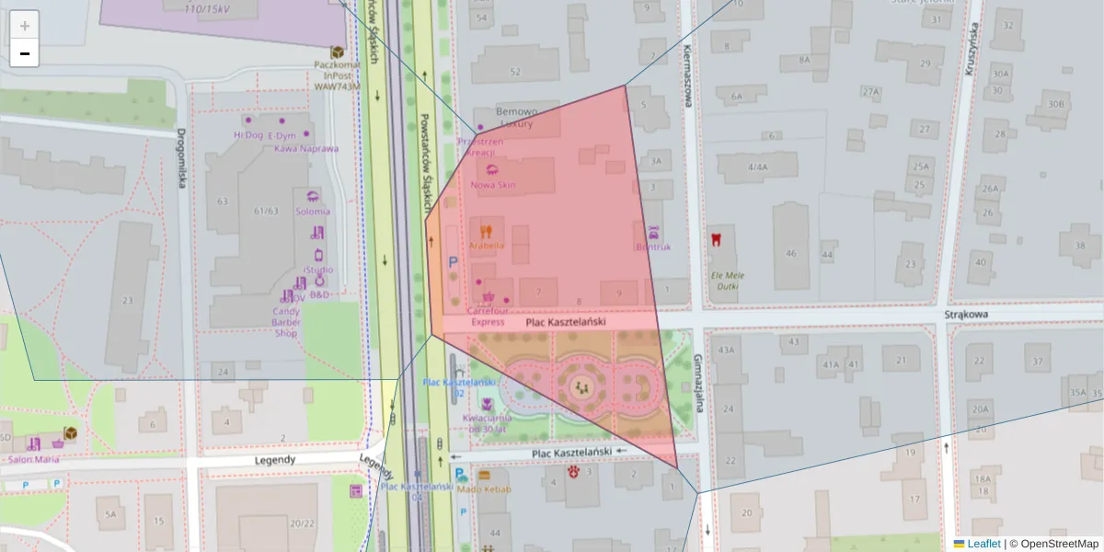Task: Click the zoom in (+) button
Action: tap(25, 26)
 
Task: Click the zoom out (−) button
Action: tap(25, 53)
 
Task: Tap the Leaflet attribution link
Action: tap(983, 544)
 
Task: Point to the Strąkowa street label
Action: tap(965, 315)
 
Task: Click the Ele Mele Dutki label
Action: tap(727, 281)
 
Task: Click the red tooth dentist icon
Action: tap(715, 240)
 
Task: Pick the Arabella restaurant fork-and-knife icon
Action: tap(487, 232)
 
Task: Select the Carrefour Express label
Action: tap(488, 316)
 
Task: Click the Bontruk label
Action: tap(653, 247)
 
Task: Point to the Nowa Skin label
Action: tap(494, 185)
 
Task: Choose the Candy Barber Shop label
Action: tap(286, 321)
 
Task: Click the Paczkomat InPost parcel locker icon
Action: tap(338, 52)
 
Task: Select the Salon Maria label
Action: tap(33, 459)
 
